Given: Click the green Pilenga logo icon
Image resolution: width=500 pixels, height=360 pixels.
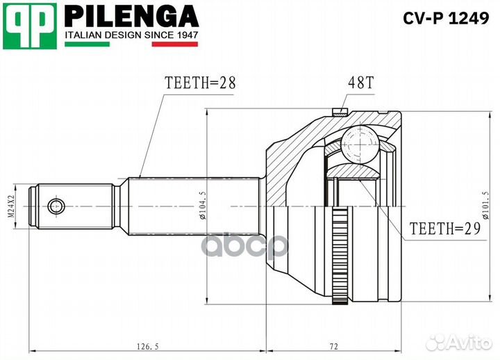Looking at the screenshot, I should (29, 26).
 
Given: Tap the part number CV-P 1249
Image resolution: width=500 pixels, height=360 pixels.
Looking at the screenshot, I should (446, 19).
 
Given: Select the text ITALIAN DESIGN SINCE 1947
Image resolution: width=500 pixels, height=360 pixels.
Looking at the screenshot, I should (132, 34).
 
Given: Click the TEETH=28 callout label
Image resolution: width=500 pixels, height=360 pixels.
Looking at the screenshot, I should (200, 83).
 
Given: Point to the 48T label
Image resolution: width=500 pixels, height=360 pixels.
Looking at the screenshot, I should (360, 83).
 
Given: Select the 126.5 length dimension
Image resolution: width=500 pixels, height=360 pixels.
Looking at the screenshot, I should (144, 345).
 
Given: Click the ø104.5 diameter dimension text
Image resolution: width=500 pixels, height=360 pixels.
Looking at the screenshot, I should (201, 206).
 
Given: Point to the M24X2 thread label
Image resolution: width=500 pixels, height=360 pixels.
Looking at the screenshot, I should (11, 206).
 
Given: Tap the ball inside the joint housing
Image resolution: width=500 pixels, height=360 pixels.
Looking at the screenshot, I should (360, 145).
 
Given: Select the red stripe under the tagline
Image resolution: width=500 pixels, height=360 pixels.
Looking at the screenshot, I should (174, 44).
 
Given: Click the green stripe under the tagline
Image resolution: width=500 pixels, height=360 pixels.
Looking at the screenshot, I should (87, 44).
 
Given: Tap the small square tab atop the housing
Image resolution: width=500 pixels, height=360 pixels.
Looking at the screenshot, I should (339, 110).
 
